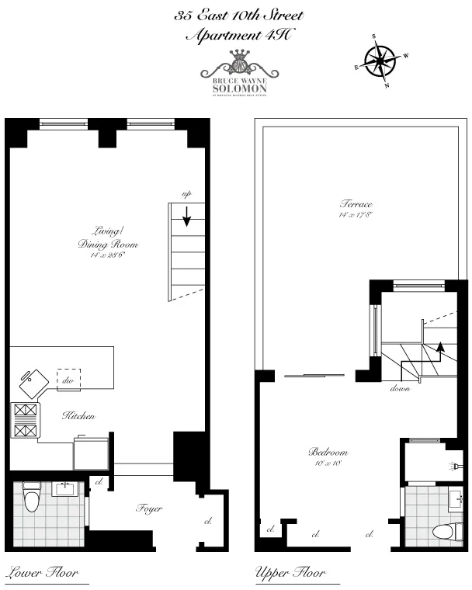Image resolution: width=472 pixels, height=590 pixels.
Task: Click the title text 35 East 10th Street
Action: click(x=238, y=16)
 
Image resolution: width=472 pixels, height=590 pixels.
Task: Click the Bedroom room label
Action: click(x=328, y=453)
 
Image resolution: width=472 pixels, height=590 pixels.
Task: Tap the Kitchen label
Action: click(x=78, y=417)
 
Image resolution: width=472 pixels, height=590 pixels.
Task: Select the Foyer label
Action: click(x=149, y=508)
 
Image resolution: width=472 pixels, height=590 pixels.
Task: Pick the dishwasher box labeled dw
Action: click(x=68, y=380)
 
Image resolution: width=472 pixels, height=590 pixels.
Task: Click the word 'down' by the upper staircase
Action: click(x=400, y=388)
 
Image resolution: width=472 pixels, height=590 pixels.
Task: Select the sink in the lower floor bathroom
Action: click(x=64, y=489)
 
